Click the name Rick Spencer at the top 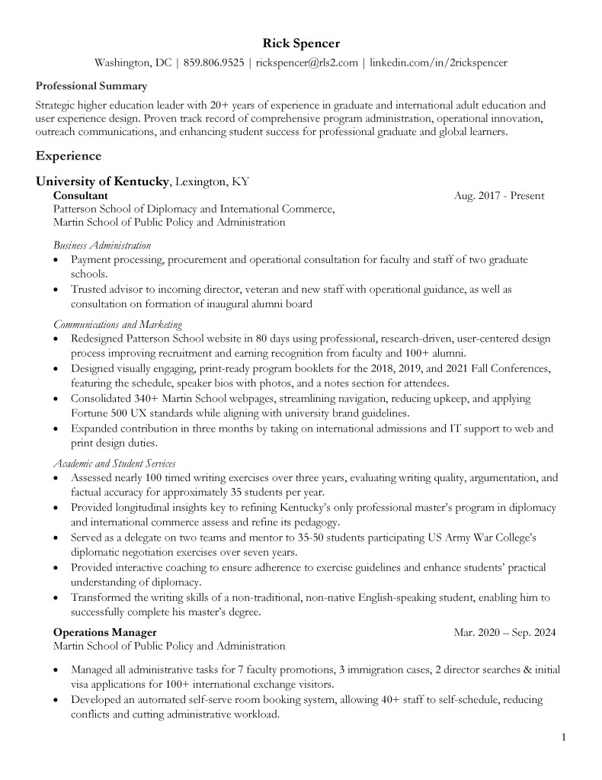coord(300,43)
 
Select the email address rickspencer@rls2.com coord(306,63)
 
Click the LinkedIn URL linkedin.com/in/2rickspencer coord(438,63)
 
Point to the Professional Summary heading coord(91,86)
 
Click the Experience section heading coord(69,156)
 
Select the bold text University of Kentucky coord(103,182)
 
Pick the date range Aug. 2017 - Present coord(498,196)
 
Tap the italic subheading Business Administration coord(102,246)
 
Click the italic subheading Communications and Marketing coord(117,325)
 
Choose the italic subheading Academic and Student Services coord(114,464)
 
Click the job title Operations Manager coord(105,633)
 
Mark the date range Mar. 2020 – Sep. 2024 coord(504,633)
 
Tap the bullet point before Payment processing coord(57,261)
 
